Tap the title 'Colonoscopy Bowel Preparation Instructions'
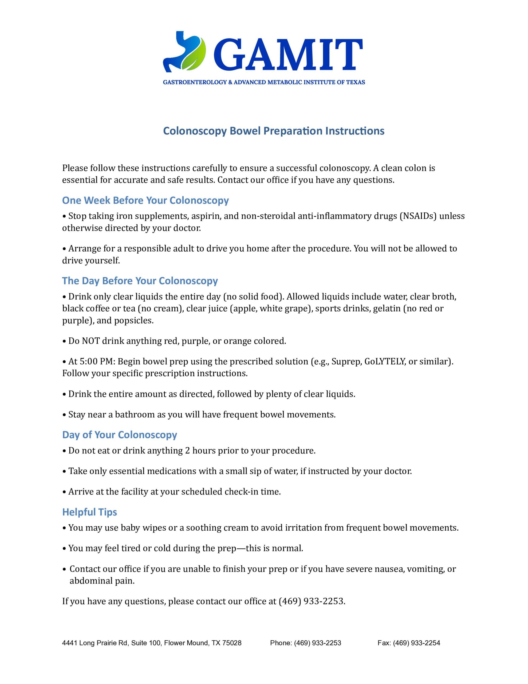274,131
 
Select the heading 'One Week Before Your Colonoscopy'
145,200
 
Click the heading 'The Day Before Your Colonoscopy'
140,281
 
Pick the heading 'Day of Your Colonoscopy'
120,435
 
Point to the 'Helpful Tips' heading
89,512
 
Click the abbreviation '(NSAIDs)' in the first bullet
418,216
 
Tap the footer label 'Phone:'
281,643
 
